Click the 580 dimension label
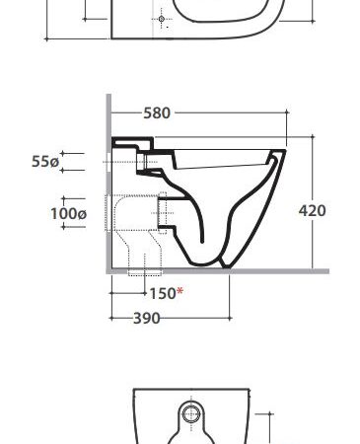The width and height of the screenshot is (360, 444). click(157, 112)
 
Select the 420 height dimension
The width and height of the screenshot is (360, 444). click(313, 210)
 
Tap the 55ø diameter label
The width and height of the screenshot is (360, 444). click(45, 162)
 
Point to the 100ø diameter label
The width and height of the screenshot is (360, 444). click(68, 214)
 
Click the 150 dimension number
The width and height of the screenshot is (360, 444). click(163, 293)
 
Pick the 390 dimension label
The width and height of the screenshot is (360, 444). click(147, 319)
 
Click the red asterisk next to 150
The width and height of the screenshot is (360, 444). click(180, 291)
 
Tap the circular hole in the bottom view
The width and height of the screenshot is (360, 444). click(190, 414)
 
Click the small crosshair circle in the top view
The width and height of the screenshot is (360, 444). click(162, 19)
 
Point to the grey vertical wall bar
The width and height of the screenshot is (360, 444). click(108, 184)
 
